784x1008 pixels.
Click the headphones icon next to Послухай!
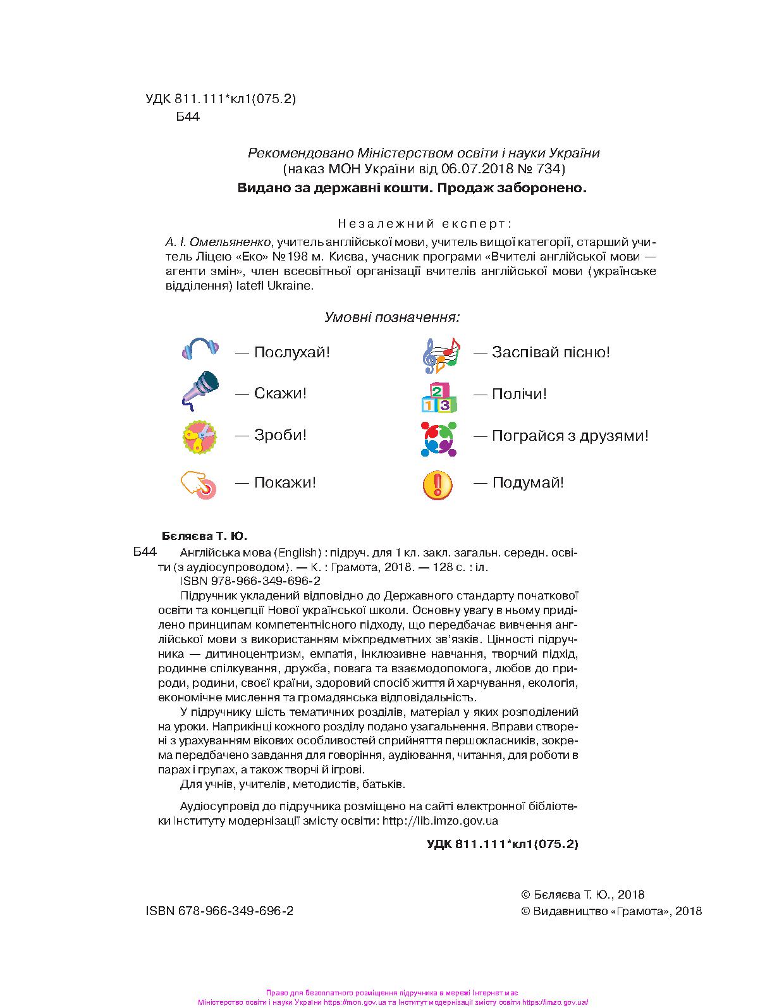tap(200, 350)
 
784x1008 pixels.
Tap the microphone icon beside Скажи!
tap(200, 391)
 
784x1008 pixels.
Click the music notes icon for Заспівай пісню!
tap(440, 354)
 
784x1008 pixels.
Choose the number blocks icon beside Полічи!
tap(439, 396)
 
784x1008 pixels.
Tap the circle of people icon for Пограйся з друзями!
tap(439, 438)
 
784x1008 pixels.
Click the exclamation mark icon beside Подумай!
tap(438, 484)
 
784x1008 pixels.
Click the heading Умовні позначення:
tap(391, 317)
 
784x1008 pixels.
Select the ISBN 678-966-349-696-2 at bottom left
tap(219, 911)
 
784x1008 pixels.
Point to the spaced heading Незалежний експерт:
tap(425, 223)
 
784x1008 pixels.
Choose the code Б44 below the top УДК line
tap(188, 116)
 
